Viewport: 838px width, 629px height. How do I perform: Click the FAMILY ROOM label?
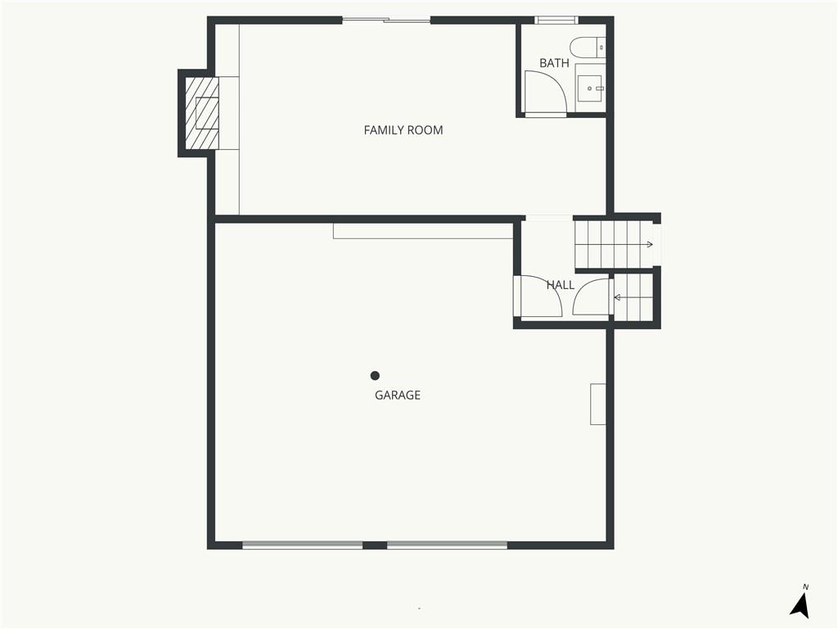click(x=403, y=130)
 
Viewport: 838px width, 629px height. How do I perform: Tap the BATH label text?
click(x=554, y=63)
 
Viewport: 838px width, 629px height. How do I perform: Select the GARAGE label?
click(x=398, y=395)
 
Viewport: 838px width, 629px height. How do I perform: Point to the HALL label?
click(x=561, y=285)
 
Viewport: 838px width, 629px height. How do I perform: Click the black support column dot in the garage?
click(x=375, y=376)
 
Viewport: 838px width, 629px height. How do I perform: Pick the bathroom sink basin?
click(x=589, y=87)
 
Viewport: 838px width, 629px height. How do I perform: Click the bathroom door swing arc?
click(x=543, y=92)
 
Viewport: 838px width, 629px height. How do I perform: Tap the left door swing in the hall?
click(x=540, y=296)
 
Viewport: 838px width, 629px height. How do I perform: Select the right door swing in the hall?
click(x=591, y=298)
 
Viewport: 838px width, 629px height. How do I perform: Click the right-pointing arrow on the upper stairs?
click(x=648, y=244)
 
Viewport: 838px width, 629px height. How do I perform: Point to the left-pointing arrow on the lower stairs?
click(x=618, y=297)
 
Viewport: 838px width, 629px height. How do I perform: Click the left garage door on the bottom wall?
click(x=302, y=544)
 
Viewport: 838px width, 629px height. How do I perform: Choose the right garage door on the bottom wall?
click(x=447, y=544)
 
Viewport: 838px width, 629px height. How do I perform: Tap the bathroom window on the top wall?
click(x=556, y=20)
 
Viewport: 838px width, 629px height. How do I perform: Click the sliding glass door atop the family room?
click(x=386, y=20)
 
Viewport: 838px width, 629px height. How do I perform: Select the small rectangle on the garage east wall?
click(x=598, y=404)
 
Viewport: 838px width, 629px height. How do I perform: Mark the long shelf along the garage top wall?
click(x=423, y=230)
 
